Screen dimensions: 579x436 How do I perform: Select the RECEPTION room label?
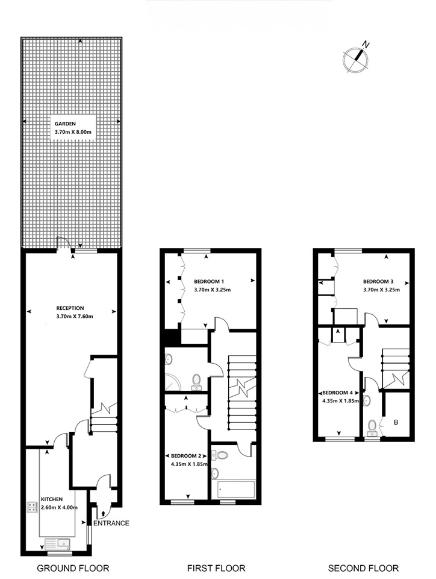71,308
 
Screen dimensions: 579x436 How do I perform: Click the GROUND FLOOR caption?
73,568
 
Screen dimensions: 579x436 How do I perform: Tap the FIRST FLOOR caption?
216,568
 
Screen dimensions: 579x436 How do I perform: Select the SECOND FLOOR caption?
363,568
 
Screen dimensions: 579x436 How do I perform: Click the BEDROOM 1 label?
209,282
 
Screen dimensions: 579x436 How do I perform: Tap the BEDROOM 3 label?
378,282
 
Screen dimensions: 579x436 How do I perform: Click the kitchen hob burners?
32,507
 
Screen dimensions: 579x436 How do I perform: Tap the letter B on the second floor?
396,422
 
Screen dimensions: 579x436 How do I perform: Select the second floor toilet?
372,426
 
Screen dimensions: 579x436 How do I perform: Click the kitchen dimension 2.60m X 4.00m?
59,508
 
